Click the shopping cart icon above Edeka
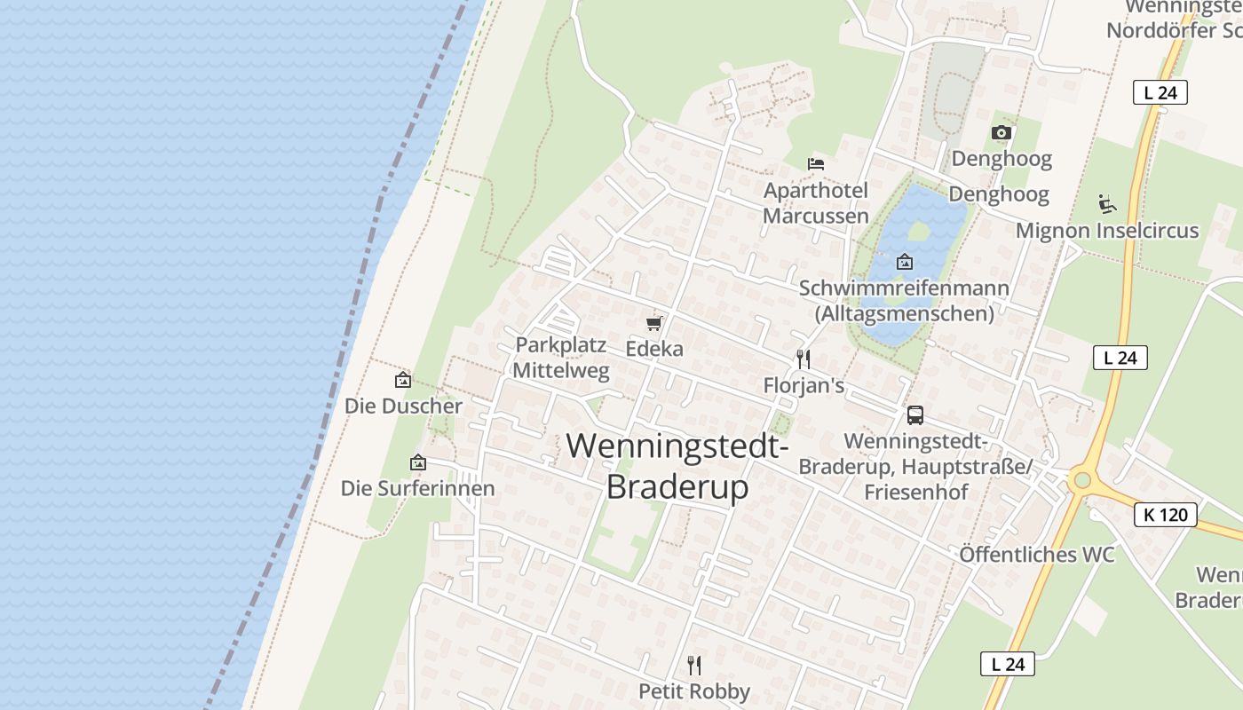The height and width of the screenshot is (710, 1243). tap(654, 323)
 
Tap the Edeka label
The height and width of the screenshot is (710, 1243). tap(654, 349)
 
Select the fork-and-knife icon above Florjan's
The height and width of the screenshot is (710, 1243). tap(804, 359)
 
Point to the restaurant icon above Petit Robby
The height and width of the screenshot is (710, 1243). tap(694, 665)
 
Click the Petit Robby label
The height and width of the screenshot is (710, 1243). tap(694, 691)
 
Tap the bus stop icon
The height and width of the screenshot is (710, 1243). tap(914, 414)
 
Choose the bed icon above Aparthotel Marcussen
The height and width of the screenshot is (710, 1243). tap(816, 163)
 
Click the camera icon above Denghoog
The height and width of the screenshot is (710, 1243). tap(1002, 132)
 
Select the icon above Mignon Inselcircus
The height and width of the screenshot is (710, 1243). tap(1106, 203)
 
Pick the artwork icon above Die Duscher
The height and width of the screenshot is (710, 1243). tap(403, 380)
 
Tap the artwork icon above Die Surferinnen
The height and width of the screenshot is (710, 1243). tap(417, 462)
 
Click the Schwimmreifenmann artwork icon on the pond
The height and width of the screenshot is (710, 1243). tap(904, 262)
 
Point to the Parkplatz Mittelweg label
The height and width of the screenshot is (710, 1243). tap(561, 358)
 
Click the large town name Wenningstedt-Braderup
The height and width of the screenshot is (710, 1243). tap(678, 465)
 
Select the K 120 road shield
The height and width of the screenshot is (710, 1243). tap(1166, 515)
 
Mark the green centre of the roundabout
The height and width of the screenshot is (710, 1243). tap(1081, 480)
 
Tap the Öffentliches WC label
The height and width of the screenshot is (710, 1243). tap(1036, 555)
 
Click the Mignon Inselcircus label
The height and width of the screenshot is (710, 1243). tap(1106, 231)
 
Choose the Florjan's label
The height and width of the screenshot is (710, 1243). tap(804, 386)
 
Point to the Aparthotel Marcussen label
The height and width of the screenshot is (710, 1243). tap(816, 203)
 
